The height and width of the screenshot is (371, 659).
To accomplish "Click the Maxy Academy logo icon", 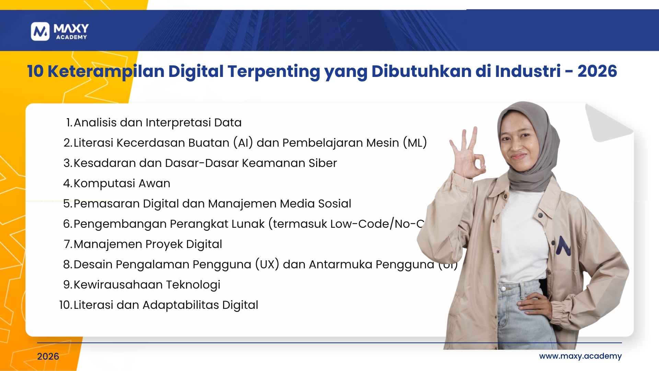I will (x=40, y=32).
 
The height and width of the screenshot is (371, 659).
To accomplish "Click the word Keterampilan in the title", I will (x=106, y=71).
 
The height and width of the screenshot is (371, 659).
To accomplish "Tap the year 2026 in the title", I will (x=597, y=71).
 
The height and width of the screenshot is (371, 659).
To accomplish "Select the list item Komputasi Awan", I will (x=122, y=183).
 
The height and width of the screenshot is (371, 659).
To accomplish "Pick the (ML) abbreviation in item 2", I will (x=415, y=143).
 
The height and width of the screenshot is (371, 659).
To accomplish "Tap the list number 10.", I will (x=65, y=305).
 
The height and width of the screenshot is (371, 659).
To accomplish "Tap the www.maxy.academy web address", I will (x=580, y=356).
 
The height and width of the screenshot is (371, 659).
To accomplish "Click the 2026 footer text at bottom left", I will (x=48, y=357).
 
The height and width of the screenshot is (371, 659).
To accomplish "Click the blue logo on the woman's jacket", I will (x=563, y=246).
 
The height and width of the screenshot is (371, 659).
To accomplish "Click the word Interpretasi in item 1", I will (x=178, y=123).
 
